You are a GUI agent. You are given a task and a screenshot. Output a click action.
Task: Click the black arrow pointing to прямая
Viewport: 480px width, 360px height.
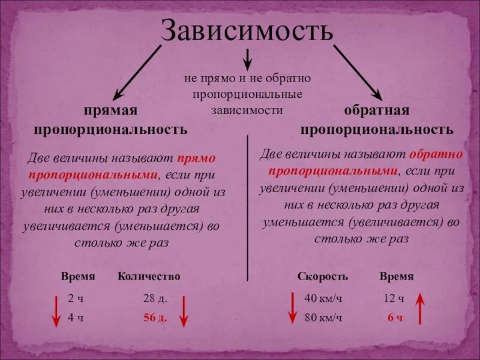137,72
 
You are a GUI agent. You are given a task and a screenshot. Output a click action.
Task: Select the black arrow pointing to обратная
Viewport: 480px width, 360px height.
358,72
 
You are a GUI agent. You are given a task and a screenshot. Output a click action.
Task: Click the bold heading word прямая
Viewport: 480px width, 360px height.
110,110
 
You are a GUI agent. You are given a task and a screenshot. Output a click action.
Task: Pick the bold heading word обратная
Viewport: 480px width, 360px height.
377,110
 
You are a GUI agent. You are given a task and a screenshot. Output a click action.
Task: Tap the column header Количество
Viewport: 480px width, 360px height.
149,276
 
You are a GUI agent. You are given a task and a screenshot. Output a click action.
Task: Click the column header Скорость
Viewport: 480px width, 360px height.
322,276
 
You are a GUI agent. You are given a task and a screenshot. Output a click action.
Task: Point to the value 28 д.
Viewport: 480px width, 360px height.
155,298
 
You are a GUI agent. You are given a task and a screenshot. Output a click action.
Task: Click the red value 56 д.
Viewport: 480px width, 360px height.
155,318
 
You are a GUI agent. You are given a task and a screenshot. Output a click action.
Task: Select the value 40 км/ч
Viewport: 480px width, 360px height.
323,298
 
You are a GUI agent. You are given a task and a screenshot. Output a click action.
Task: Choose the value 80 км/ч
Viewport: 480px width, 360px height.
323,318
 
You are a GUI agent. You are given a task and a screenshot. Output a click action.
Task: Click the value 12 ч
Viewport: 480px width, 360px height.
394,298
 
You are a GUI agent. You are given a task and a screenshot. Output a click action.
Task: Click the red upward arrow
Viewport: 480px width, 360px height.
420,308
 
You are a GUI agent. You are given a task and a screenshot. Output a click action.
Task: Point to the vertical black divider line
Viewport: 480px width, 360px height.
248,207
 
